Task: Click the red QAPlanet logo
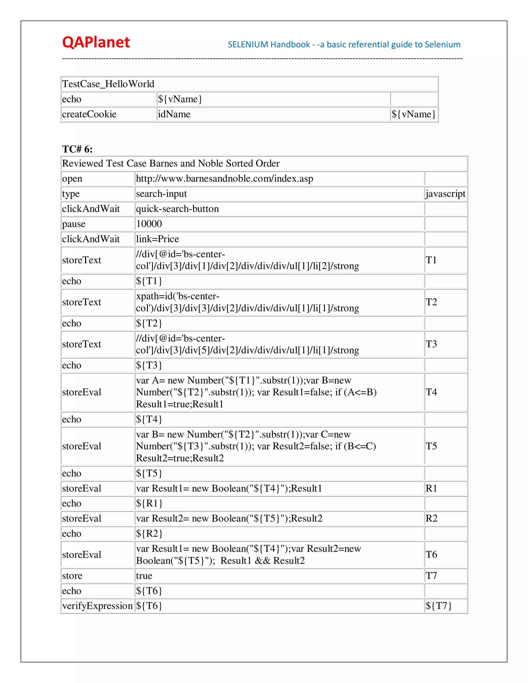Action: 96,42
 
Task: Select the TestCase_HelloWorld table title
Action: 108,84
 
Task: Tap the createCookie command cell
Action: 89,114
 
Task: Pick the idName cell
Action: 174,114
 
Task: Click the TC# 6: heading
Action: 77,149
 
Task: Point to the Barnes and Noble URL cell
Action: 224,179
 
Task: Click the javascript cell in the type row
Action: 445,194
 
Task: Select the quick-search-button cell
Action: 177,209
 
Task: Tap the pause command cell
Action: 74,224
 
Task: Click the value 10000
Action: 149,224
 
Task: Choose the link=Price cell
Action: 157,239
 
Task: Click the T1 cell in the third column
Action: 431,260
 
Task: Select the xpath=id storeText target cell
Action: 247,302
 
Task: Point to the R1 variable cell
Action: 431,488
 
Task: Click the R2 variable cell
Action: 431,518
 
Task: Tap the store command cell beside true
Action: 72,576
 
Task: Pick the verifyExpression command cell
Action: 97,606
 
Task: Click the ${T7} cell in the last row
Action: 439,606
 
